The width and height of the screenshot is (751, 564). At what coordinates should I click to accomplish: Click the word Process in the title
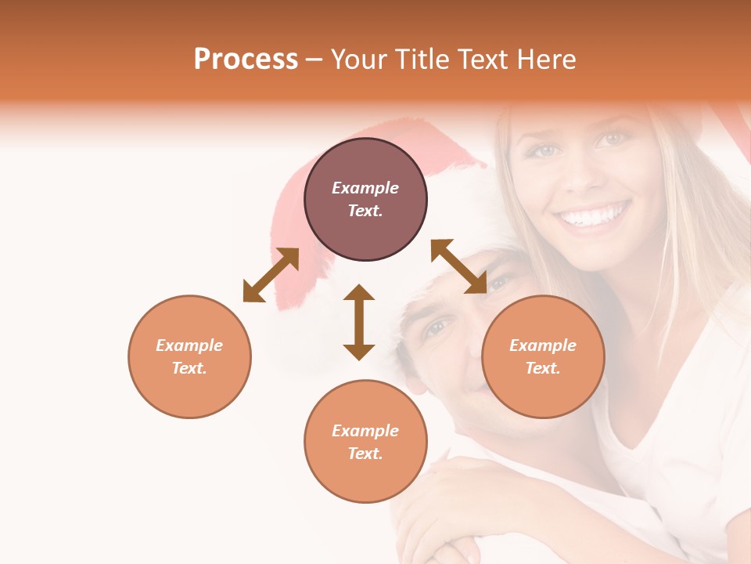[246, 60]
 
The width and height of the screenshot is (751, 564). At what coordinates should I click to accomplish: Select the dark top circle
[365, 199]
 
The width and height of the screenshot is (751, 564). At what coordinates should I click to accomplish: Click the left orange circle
[189, 356]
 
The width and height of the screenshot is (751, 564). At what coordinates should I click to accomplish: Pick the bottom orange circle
[365, 441]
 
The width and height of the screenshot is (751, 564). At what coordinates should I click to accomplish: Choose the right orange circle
[543, 356]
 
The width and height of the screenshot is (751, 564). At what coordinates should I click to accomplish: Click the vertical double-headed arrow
[359, 322]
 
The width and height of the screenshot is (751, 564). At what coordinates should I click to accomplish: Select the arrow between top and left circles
[271, 275]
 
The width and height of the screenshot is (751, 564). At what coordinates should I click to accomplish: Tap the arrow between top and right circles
[459, 266]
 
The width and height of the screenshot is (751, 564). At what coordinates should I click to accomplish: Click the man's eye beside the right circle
[440, 327]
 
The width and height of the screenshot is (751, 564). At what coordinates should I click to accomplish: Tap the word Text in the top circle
[365, 211]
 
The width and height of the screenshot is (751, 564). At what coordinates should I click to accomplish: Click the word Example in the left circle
[189, 345]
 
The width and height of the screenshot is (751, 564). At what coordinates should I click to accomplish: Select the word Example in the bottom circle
[365, 430]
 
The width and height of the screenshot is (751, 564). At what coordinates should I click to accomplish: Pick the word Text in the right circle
[542, 368]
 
